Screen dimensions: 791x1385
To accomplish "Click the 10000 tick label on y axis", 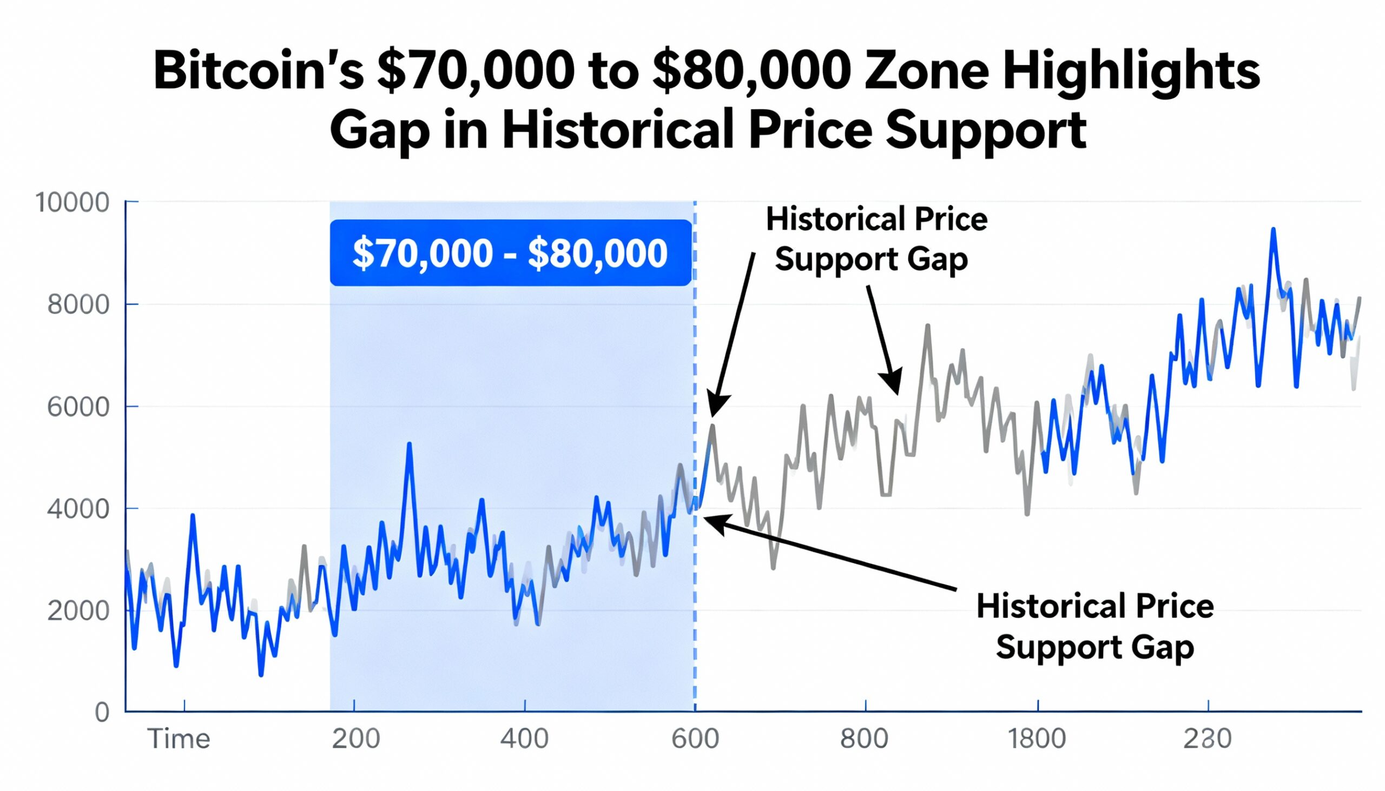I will point(72,203).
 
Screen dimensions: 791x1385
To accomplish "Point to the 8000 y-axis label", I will point(78,305).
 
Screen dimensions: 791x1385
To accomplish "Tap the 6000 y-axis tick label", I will point(78,407).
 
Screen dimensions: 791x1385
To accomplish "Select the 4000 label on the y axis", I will point(78,509).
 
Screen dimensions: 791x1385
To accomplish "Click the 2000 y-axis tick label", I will point(78,611).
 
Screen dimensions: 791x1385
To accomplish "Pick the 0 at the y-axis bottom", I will point(102,712).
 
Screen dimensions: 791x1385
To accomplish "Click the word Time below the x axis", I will point(179,739).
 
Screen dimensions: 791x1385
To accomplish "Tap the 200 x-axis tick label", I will point(356,739).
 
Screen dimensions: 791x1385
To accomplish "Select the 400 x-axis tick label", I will point(525,739).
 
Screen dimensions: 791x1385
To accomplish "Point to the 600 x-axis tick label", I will point(695,739).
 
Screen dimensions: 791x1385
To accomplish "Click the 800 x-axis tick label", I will point(864,739).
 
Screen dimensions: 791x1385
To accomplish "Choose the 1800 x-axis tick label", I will point(1037,739).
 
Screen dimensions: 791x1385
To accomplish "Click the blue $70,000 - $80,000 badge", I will point(510,252).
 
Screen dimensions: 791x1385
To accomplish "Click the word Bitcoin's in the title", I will point(258,72).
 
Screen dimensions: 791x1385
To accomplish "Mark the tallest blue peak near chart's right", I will point(1273,230).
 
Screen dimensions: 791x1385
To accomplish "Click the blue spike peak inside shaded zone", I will point(410,444).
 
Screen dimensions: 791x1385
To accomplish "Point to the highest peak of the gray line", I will point(927,326).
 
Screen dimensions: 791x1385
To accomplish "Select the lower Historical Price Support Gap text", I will point(1094,627).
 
